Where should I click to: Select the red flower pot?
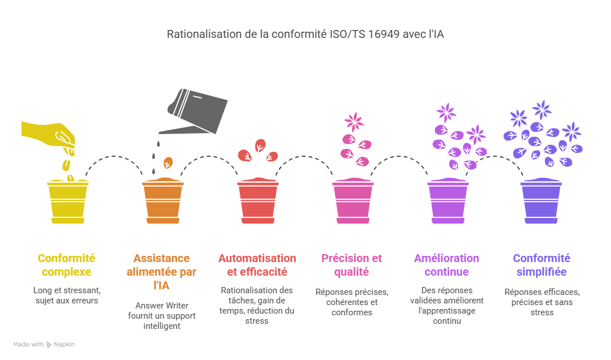[257, 202]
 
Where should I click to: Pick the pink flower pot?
[352, 202]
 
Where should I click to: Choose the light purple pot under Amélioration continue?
[448, 202]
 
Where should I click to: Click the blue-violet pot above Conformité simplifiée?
[542, 202]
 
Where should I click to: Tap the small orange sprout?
[167, 164]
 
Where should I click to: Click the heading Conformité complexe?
[67, 265]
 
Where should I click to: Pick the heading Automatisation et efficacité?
[257, 265]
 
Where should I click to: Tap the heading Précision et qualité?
[352, 265]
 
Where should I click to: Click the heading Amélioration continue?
[447, 265]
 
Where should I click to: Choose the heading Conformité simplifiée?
[542, 265]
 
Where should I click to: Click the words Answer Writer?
[162, 306]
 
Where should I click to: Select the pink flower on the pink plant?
[354, 121]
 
